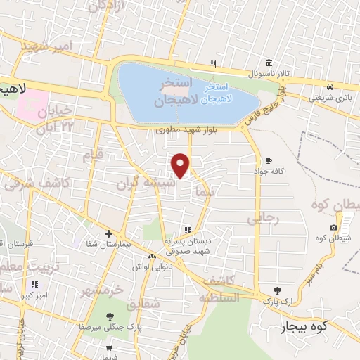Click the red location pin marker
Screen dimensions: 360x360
pyautogui.click(x=181, y=165)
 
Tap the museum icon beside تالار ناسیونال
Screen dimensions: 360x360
pyautogui.click(x=270, y=61)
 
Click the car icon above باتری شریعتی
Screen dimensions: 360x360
pyautogui.click(x=329, y=86)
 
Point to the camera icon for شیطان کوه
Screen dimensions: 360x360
pyautogui.click(x=333, y=227)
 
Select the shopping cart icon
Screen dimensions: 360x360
pyautogui.click(x=109, y=347)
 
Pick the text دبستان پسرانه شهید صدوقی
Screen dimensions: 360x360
pyautogui.click(x=188, y=245)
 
